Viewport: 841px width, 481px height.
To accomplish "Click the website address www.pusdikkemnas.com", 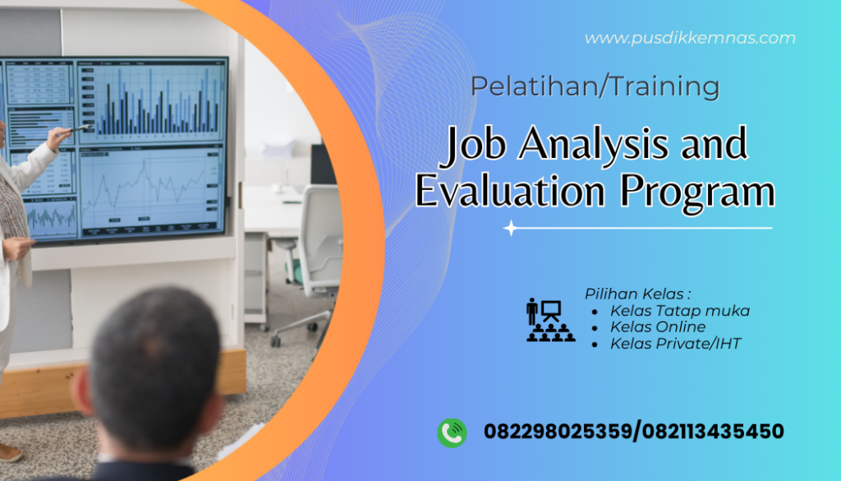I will click(690, 38).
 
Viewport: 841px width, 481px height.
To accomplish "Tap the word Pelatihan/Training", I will click(595, 86).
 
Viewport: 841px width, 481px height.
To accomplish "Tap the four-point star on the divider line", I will click(511, 228).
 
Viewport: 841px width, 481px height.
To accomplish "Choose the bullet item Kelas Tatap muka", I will click(679, 311).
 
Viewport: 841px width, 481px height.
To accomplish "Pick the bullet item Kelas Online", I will click(657, 327).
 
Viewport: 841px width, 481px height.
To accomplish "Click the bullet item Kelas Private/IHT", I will click(675, 344).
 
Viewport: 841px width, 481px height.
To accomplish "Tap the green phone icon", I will click(452, 432).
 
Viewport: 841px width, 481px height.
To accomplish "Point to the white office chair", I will click(317, 247).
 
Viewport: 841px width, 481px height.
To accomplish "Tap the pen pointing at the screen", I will click(80, 128).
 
